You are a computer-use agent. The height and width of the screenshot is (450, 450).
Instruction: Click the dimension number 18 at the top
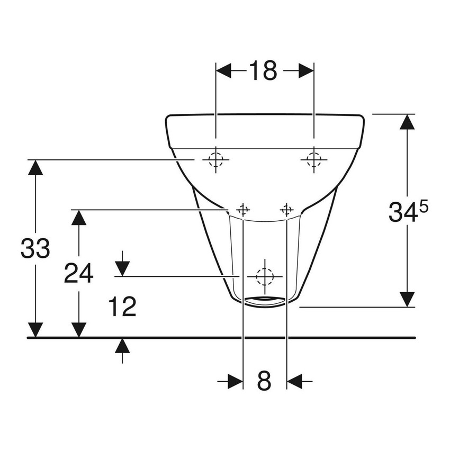pyautogui.click(x=263, y=71)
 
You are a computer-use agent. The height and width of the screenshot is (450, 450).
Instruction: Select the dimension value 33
pyautogui.click(x=35, y=248)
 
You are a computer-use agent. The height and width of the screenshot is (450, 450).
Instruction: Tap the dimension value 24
pyautogui.click(x=79, y=273)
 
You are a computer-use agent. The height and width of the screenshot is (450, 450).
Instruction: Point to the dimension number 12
pyautogui.click(x=122, y=307)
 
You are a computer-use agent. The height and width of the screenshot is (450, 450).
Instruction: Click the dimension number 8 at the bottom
pyautogui.click(x=264, y=381)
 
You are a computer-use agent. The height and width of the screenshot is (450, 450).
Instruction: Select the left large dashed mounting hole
pyautogui.click(x=215, y=159)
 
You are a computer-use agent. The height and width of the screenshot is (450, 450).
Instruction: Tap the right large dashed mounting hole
pyautogui.click(x=313, y=159)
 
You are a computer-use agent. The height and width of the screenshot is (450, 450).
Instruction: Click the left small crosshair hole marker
pyautogui.click(x=243, y=210)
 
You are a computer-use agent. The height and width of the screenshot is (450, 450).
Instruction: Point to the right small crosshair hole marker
pyautogui.click(x=286, y=210)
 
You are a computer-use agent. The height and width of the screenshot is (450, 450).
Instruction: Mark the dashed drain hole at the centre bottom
pyautogui.click(x=264, y=276)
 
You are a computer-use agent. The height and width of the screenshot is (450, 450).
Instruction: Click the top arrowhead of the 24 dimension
pyautogui.click(x=79, y=218)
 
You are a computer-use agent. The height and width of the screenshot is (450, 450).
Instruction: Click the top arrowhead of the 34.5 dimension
pyautogui.click(x=407, y=122)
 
